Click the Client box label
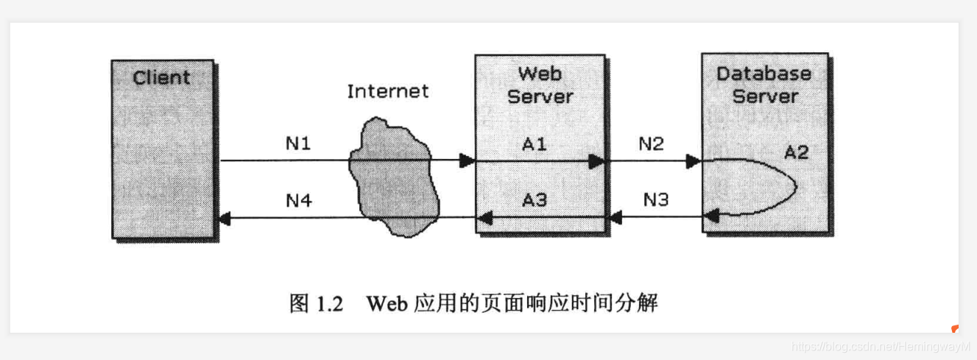161,77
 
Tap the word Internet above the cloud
387,91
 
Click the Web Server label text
540,85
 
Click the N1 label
298,144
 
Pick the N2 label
650,144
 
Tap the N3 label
655,200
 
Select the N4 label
298,200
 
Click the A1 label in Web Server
535,144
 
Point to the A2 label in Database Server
796,152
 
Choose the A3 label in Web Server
535,200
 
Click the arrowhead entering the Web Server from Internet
467,160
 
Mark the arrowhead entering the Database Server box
693,160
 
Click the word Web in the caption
386,303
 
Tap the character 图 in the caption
300,303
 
